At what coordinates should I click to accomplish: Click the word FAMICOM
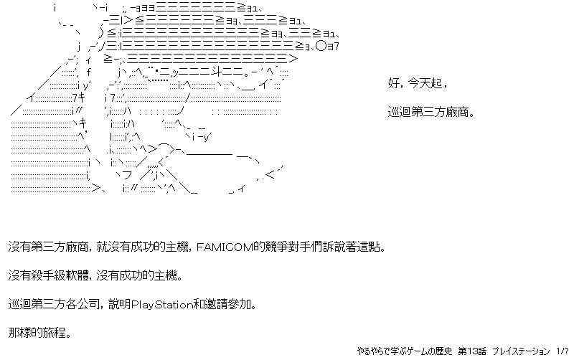pos(225,247)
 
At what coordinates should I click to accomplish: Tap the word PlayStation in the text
pos(162,304)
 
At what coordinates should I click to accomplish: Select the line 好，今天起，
pos(418,83)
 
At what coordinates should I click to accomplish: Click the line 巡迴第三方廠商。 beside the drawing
pos(432,112)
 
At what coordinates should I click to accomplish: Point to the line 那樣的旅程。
pos(39,333)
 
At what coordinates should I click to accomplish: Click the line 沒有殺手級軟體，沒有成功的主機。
pos(95,275)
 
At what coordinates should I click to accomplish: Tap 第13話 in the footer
pos(472,351)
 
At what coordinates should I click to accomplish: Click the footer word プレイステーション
pos(521,351)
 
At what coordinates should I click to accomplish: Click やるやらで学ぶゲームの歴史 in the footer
pos(405,351)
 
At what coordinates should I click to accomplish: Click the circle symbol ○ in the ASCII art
pos(321,46)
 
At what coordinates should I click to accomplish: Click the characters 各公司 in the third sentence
pos(82,304)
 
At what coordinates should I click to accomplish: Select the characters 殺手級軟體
pos(60,275)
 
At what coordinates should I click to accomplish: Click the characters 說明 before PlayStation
pos(120,304)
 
